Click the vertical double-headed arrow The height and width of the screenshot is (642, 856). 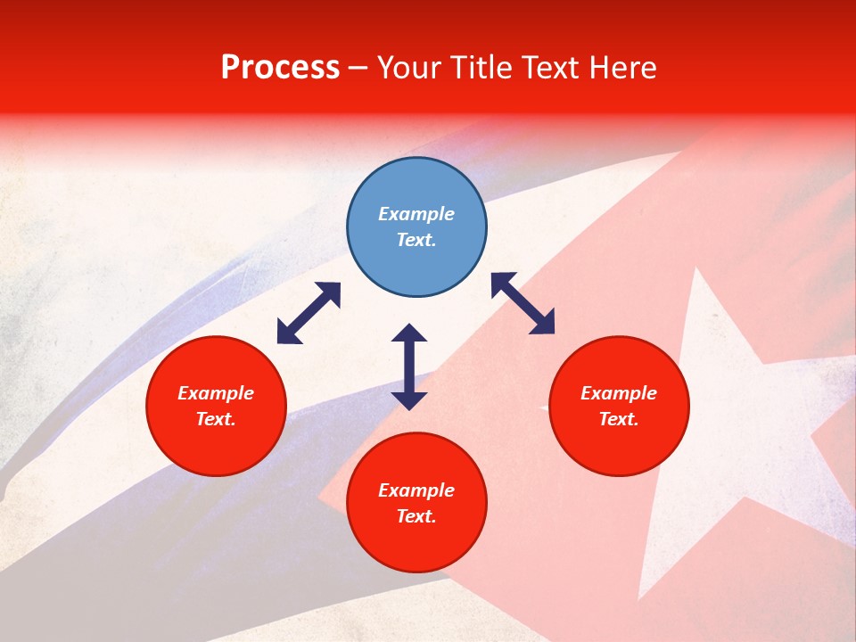(x=409, y=366)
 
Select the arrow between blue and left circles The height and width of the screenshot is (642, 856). (x=309, y=313)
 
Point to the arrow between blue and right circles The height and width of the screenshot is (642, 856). (x=523, y=303)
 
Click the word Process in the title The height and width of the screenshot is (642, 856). (x=280, y=68)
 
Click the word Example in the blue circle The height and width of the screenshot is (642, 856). (x=416, y=214)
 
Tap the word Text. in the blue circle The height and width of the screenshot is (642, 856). (x=416, y=240)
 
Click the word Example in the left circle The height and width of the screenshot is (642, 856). (x=216, y=393)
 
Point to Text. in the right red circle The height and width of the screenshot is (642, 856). (x=619, y=419)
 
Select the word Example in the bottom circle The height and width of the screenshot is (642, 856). (x=416, y=490)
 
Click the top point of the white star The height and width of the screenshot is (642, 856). (x=704, y=269)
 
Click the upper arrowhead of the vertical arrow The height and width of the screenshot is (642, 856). (x=409, y=333)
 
